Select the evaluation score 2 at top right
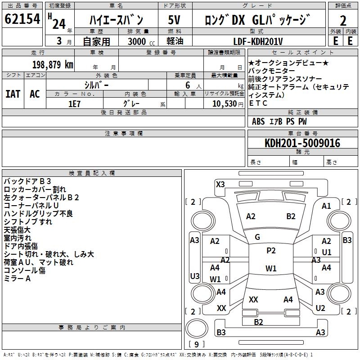[343, 20]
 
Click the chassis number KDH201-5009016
[302, 143]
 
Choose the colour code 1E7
[74, 103]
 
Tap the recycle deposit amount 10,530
[222, 103]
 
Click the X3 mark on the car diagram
[220, 184]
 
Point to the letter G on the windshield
[257, 237]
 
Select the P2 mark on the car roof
[271, 251]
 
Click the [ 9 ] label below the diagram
[196, 345]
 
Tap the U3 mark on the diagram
[194, 276]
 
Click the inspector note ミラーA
[17, 279]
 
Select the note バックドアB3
[27, 181]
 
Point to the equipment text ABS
[259, 121]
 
